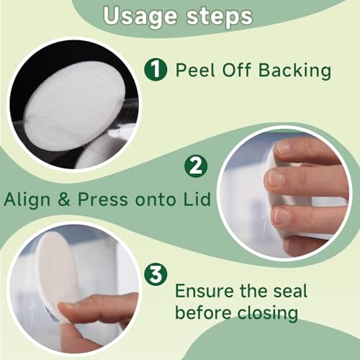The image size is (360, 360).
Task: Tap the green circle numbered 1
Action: pos(156,69)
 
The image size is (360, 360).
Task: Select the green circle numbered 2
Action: pos(196,166)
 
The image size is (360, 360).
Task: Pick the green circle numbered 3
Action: pos(156,274)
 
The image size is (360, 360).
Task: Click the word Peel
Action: pos(195,70)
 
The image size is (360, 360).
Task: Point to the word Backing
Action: pos(295,71)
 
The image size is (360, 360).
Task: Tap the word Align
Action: pos(27,200)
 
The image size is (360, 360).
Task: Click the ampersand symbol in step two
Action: pos(64,199)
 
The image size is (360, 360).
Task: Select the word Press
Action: pos(102,199)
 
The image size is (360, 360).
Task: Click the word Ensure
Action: pos(204,291)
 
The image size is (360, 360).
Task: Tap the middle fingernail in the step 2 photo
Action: pos(276,178)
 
